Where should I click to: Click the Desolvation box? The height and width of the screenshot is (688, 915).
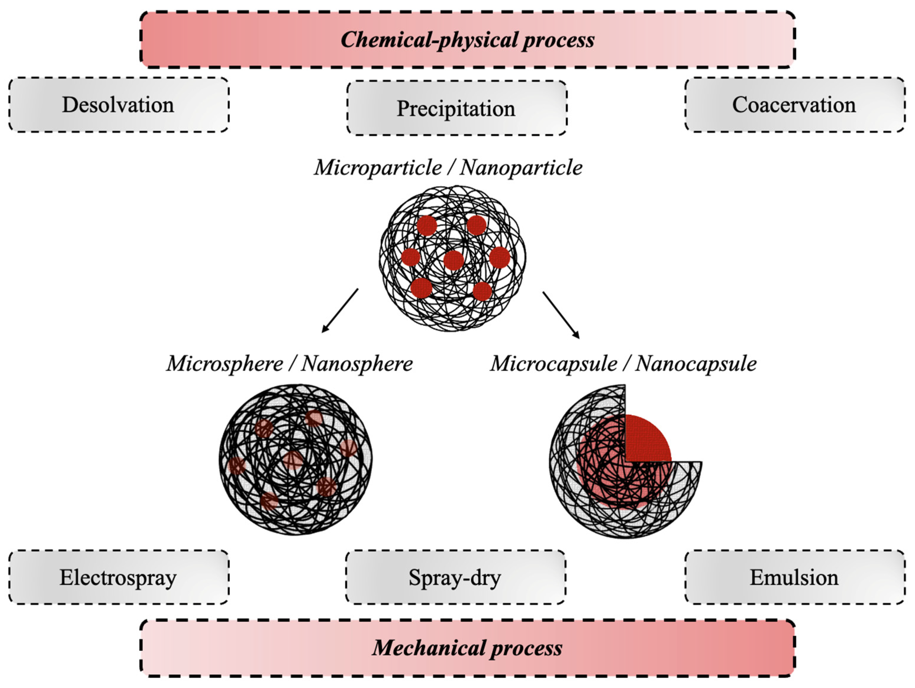(x=118, y=105)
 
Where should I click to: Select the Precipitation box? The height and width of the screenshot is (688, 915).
(x=456, y=108)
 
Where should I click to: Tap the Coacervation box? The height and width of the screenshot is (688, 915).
(x=794, y=105)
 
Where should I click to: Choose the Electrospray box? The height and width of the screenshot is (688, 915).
(x=118, y=577)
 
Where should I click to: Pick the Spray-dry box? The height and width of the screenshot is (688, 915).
(x=455, y=577)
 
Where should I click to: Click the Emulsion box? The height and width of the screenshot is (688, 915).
(x=794, y=577)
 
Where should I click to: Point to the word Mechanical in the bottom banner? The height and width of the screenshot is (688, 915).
(x=428, y=647)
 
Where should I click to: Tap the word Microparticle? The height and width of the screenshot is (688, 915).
(x=377, y=167)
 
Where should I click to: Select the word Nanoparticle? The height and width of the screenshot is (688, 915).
(x=521, y=167)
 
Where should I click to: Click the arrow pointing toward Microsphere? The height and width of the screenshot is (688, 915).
(x=340, y=311)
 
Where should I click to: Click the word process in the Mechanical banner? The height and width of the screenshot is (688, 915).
(x=526, y=647)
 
